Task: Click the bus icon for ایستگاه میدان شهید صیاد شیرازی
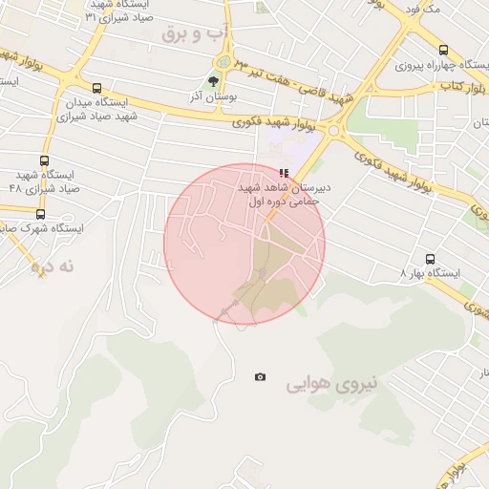[x=96, y=89]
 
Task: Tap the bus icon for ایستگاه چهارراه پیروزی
[x=443, y=50]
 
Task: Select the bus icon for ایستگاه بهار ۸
[x=429, y=259]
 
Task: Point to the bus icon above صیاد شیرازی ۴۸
[x=45, y=161]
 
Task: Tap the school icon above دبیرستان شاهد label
[x=283, y=173]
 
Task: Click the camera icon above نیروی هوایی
[x=260, y=377]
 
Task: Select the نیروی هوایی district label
[x=331, y=385]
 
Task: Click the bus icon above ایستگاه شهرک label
[x=40, y=214]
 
